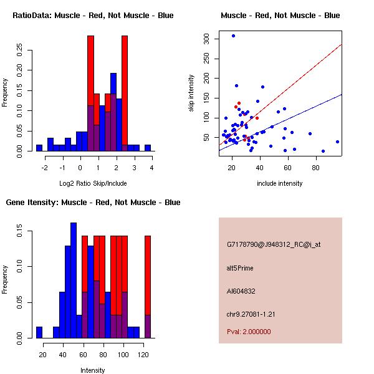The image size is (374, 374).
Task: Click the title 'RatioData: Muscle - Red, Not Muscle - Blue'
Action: click(93, 16)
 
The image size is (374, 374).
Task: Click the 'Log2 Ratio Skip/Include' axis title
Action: click(93, 183)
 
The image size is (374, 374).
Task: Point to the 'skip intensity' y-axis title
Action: click(191, 93)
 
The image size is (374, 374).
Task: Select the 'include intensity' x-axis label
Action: click(280, 183)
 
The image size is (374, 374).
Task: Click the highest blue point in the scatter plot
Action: click(233, 36)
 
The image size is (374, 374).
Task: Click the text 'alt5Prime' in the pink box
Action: click(240, 268)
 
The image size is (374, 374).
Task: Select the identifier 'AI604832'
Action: click(241, 291)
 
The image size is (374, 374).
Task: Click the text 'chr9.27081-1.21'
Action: click(251, 313)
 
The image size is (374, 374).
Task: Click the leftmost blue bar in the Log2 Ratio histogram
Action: click(39, 148)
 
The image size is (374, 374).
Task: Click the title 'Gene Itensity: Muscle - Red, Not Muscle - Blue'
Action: click(93, 203)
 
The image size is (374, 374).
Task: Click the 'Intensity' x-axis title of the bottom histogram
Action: click(93, 370)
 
